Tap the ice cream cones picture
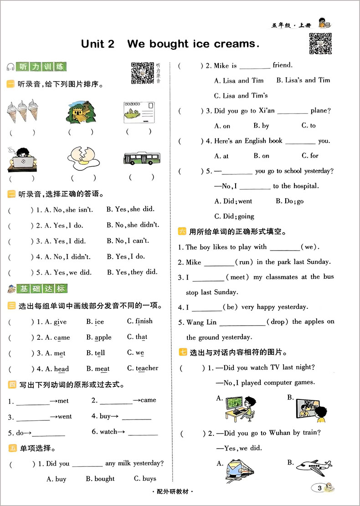22,112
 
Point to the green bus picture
141,158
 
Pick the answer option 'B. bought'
100,479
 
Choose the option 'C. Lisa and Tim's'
241,96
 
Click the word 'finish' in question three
144,321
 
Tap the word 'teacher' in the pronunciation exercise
147,368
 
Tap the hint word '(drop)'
277,322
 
